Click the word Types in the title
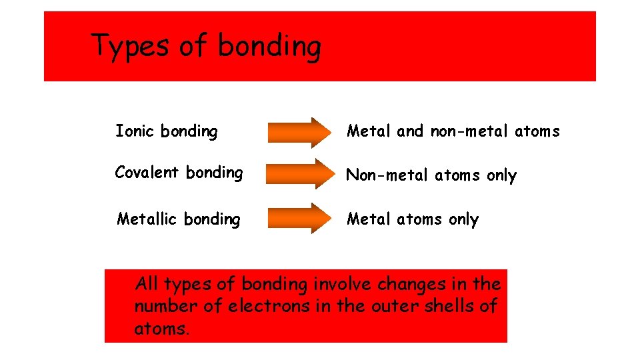[130, 47]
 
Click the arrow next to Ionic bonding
[298, 131]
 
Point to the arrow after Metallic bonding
[298, 219]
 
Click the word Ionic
[135, 131]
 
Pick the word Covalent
[147, 172]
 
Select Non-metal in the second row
[388, 175]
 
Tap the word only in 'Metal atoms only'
[463, 219]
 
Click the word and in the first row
[410, 131]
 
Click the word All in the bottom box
[147, 285]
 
